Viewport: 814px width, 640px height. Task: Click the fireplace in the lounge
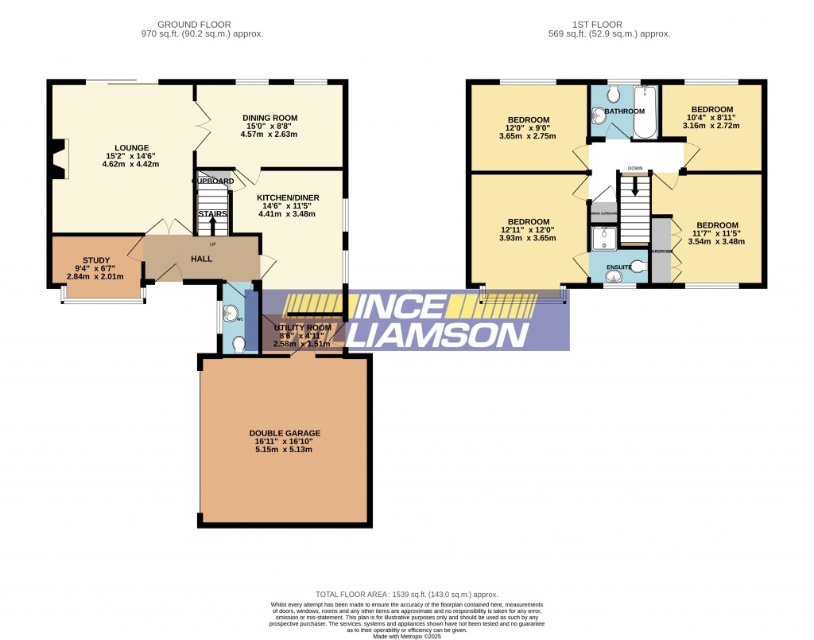pos(58,158)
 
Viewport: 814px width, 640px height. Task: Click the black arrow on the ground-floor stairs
pos(212,224)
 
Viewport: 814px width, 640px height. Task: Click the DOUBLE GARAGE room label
pos(284,434)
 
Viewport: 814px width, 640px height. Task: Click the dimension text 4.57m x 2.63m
pos(269,135)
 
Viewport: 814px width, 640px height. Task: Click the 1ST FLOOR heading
pos(609,24)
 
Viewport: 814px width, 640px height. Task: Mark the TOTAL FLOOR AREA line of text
pos(406,595)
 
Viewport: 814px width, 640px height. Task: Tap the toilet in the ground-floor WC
pos(239,343)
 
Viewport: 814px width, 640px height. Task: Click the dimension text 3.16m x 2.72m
pos(711,126)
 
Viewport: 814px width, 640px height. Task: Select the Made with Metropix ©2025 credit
pos(406,634)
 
